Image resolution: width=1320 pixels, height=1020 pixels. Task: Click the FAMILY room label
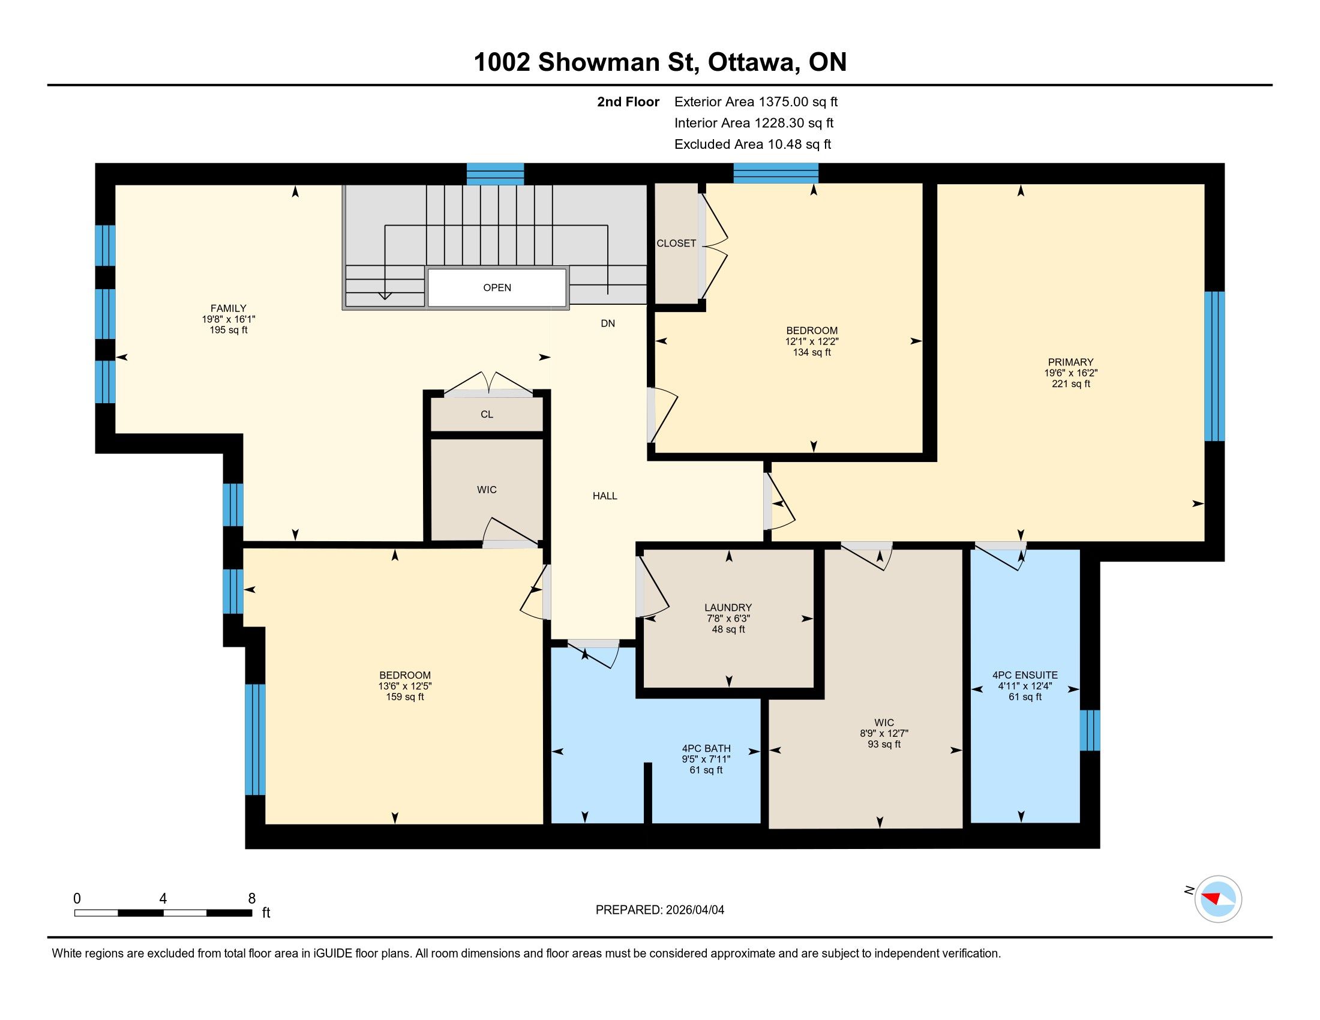(x=229, y=308)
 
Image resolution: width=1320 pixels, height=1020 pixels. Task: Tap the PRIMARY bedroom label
(x=1071, y=362)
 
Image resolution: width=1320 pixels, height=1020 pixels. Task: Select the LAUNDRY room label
(x=728, y=608)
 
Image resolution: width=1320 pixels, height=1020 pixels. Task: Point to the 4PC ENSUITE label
(x=1025, y=676)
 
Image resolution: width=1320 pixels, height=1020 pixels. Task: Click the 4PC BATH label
(x=707, y=749)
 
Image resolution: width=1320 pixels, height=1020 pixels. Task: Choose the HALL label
(x=605, y=496)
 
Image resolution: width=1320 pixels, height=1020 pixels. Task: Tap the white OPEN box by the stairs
(x=497, y=287)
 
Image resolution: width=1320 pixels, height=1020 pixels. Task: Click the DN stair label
(x=608, y=323)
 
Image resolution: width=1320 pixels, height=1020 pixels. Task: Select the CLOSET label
(x=676, y=244)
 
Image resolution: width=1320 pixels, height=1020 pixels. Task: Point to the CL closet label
(x=487, y=415)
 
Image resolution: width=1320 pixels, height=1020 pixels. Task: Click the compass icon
(x=1218, y=899)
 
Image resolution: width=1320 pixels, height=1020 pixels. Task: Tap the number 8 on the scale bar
(x=252, y=899)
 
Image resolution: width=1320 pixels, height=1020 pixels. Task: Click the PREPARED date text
(x=660, y=910)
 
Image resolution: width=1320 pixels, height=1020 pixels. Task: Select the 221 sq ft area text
(x=1071, y=384)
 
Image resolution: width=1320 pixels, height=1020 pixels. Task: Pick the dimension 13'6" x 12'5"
(x=405, y=686)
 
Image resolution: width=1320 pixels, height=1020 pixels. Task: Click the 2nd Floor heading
(x=628, y=102)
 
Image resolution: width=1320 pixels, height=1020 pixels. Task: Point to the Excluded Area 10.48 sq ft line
(x=753, y=145)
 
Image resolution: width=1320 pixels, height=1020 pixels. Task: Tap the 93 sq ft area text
(x=884, y=745)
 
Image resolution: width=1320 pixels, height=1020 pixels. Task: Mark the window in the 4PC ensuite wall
(x=1090, y=731)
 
